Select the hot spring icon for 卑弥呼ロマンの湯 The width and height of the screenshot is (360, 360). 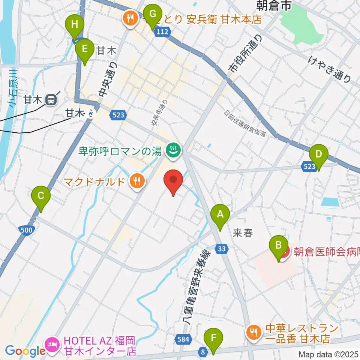[174, 151]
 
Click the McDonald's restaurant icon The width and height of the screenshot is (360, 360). [136, 182]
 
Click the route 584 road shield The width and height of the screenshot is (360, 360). [182, 339]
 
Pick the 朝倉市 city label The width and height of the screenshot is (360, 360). [274, 5]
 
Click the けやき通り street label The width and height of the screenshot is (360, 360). [330, 69]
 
